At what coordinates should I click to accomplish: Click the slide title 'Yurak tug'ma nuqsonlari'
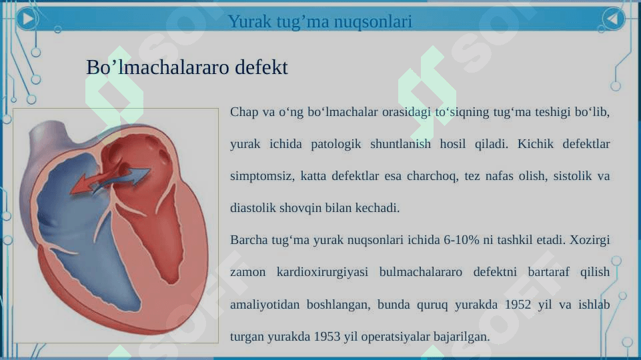click(x=320, y=21)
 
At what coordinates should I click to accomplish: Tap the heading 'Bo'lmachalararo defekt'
click(x=187, y=67)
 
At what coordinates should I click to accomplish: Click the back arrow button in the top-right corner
click(x=613, y=19)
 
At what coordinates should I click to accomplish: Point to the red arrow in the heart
click(x=98, y=180)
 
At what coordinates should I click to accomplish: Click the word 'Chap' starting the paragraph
click(x=243, y=112)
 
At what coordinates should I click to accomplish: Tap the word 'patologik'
click(x=336, y=144)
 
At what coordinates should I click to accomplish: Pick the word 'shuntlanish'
click(x=400, y=144)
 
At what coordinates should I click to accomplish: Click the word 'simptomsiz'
click(x=262, y=176)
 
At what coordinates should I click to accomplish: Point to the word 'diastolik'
click(x=253, y=207)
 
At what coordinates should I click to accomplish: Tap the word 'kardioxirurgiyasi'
click(x=323, y=272)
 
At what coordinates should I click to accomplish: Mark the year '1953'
click(x=327, y=336)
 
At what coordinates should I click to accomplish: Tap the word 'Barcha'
click(x=249, y=240)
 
